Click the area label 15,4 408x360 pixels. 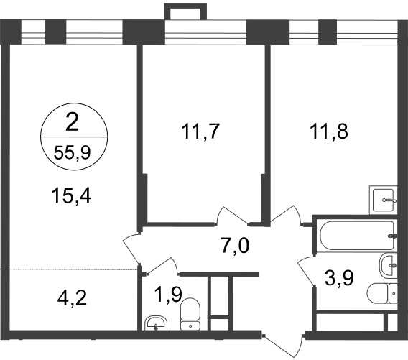71,196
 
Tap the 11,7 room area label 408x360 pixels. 200,131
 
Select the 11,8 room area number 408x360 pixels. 329,131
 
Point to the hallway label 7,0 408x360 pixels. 235,246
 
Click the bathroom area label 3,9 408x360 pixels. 339,278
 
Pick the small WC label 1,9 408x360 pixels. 168,295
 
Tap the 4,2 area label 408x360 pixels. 72,298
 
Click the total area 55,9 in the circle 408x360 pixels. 72,152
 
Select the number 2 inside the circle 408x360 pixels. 73,123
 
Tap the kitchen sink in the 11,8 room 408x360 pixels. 384,200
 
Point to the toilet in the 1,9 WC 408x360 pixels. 190,314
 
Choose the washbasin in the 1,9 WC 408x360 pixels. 156,323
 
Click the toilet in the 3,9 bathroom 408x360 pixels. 382,293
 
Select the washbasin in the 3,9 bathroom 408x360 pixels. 389,266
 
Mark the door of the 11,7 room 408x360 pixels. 231,216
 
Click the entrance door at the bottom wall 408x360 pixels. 283,343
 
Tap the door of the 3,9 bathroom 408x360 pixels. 307,271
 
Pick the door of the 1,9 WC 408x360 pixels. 162,265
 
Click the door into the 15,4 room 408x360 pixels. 131,249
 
